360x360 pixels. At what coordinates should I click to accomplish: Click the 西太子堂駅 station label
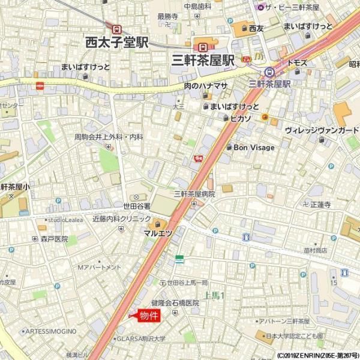pos(116,43)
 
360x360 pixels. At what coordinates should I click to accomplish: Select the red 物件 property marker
pos(148,316)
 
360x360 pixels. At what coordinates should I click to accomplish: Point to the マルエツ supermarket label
pos(158,233)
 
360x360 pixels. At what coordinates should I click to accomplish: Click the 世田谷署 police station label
pos(137,206)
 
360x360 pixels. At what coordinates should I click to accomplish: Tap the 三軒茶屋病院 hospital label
pos(194,194)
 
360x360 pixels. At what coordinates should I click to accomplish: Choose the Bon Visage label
pos(253,148)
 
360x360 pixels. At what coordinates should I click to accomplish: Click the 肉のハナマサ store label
pos(206,86)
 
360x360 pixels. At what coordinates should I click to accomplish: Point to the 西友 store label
pos(256,28)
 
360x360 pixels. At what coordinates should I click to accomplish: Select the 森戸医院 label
pos(55,239)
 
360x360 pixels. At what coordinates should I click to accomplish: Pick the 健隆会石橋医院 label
pos(175,303)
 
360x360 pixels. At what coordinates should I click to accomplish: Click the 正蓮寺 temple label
pos(320,205)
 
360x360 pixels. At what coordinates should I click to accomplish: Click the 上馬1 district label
pos(214,295)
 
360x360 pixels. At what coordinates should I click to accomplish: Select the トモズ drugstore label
pos(297,62)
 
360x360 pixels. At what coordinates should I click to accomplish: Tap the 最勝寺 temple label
pos(167,16)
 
